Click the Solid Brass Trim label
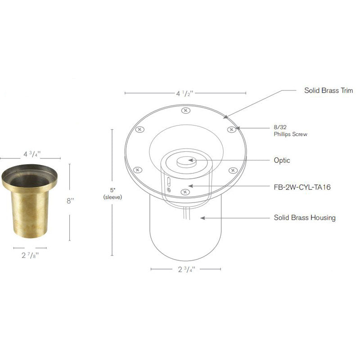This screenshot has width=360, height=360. coord(328,90)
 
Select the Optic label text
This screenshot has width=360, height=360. coord(282,160)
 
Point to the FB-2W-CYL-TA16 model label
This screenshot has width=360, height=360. coord(302,186)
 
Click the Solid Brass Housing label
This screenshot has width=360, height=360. coord(305,218)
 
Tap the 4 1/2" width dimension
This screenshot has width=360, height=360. coord(184,94)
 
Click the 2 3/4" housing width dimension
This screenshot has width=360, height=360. coord(185,270)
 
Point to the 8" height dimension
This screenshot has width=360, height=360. coord(70,201)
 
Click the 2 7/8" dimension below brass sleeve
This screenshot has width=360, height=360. coord(30,254)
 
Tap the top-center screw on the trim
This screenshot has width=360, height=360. coord(184,110)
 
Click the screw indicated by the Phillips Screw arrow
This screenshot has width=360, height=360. coord(231,130)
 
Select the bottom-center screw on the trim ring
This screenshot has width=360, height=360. coord(184,192)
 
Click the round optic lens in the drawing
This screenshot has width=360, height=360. coord(185,161)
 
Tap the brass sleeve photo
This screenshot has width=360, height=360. coord(30,202)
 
